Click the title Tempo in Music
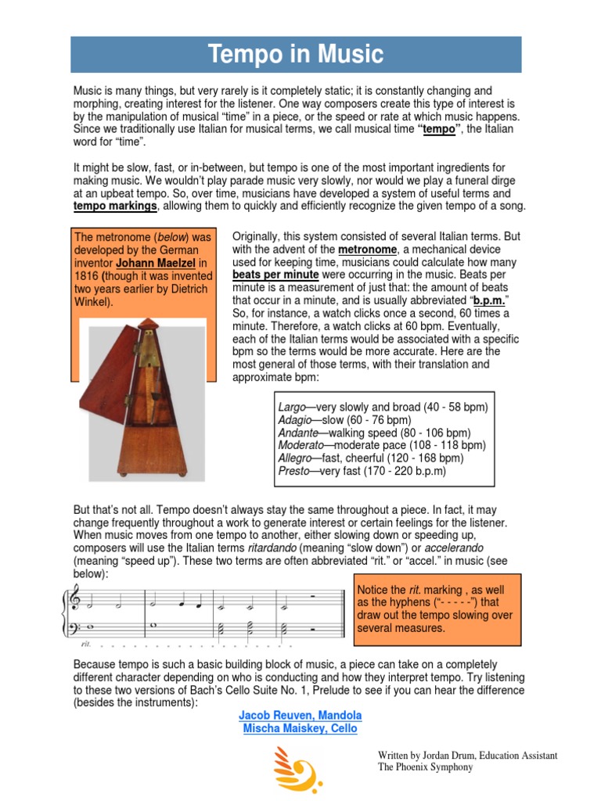[296, 55]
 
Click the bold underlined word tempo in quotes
[438, 130]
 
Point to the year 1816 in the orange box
[86, 275]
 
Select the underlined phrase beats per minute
[275, 275]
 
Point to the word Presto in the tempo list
[294, 471]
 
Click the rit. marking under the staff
[85, 646]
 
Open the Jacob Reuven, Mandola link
[300, 716]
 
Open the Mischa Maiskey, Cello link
[300, 729]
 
